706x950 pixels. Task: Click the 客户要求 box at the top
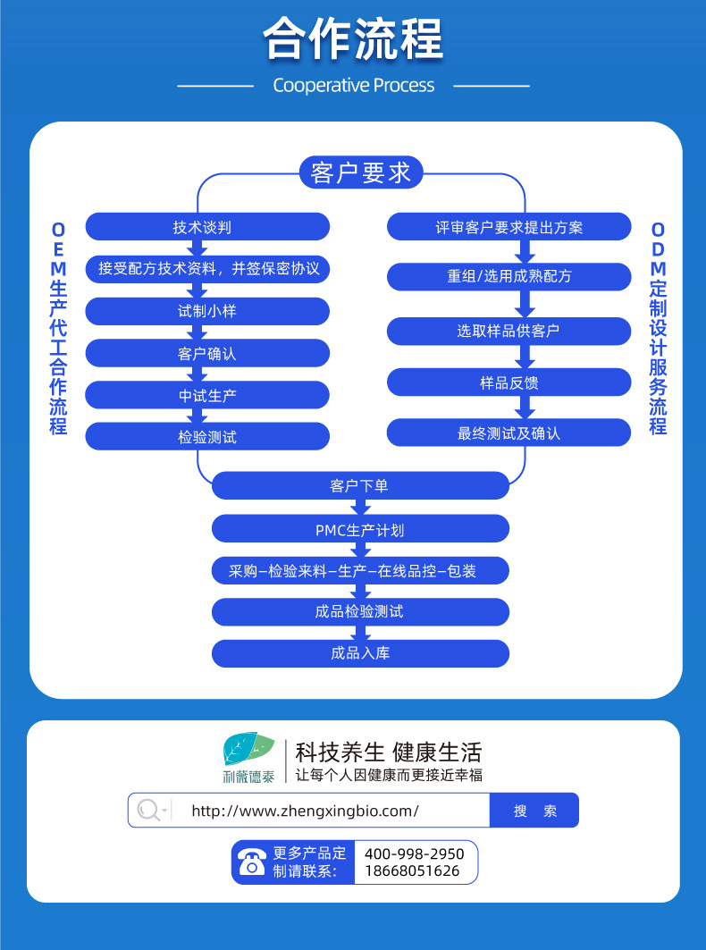tap(361, 172)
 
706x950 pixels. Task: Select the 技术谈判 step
tap(207, 227)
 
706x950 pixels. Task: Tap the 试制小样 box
tap(207, 311)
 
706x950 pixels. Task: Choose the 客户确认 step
tap(207, 353)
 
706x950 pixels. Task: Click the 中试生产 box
tap(207, 395)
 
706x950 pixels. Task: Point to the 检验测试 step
tap(207, 437)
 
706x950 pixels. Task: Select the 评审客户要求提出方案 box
tap(508, 227)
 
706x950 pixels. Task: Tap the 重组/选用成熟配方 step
tap(508, 277)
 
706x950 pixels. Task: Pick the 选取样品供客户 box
tap(508, 331)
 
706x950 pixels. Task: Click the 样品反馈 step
tap(508, 383)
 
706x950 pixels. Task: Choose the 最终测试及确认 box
tap(508, 433)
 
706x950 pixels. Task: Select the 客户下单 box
tap(360, 486)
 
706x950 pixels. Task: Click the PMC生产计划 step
tap(360, 530)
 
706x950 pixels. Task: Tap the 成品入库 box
tap(360, 653)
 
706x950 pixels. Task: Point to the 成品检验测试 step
tap(360, 612)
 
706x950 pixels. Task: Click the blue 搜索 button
tap(534, 811)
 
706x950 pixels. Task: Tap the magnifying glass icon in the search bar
tap(148, 811)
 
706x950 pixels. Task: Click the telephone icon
tap(251, 862)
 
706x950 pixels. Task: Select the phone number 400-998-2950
tap(414, 854)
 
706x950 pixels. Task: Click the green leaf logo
tap(248, 749)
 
